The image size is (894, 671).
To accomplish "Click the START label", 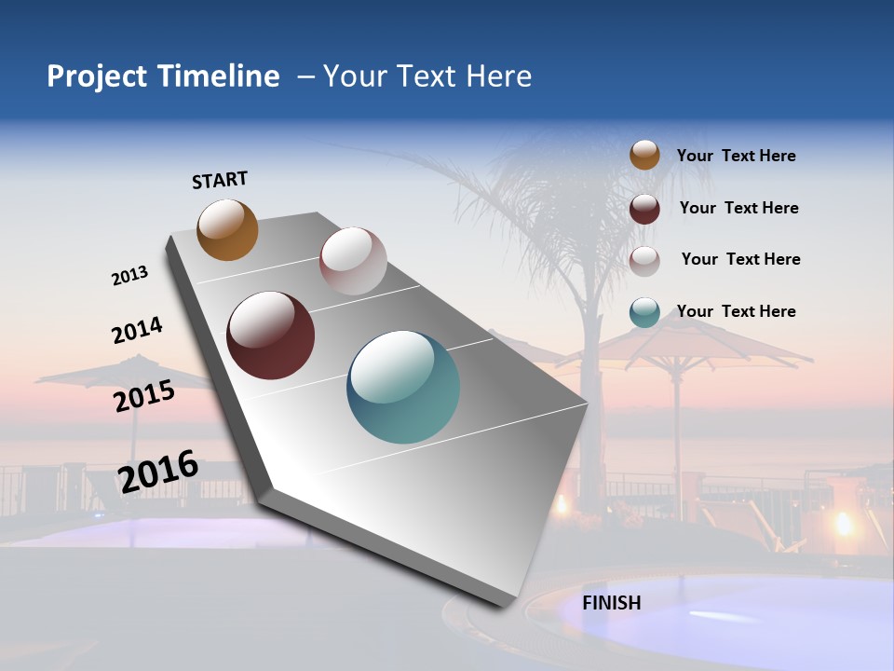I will pos(220,180).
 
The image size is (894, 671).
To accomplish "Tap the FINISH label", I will pos(612,603).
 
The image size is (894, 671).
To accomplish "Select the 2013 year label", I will pos(129,276).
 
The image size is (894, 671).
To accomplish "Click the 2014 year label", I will pos(137,330).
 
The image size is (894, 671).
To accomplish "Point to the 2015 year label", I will pos(144,396).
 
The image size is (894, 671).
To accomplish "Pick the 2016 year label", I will pos(158,471).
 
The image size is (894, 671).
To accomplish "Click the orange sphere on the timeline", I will pos(227,229).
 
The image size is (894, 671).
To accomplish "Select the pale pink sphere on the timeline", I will pos(353,261).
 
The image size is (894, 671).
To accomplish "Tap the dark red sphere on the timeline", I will pos(271,335).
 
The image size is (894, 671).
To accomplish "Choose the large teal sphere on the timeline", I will pos(403,387).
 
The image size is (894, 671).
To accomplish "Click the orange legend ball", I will pos(644,155).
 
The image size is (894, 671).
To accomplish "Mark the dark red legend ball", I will pos(644,209).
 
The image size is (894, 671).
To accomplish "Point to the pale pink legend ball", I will pos(644,261).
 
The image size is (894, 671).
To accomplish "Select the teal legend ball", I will pos(644,312).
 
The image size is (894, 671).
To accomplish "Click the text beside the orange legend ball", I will pos(736,157).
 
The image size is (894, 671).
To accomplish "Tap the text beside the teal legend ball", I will pos(736,311).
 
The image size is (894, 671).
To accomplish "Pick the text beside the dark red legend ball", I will pos(738,208).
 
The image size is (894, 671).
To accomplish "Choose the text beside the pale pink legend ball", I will pos(740,259).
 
